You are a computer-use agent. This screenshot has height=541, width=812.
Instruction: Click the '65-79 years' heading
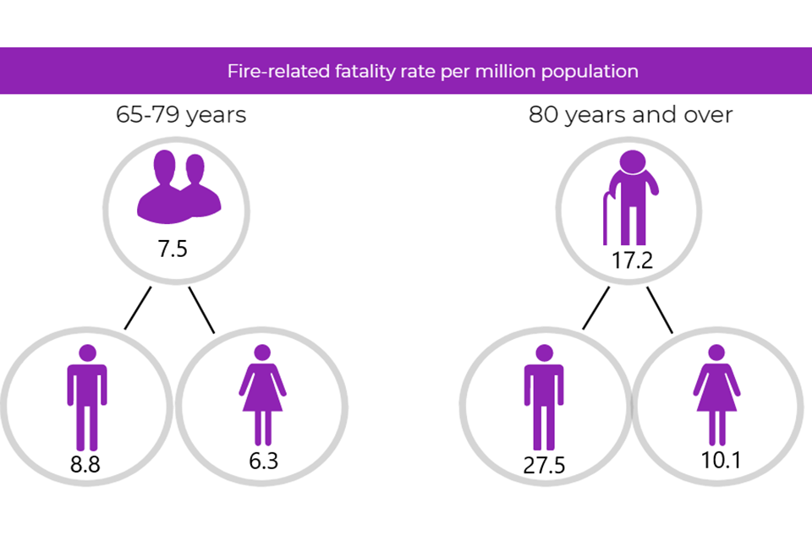181,115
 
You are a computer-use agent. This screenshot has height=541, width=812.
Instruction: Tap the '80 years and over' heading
631,115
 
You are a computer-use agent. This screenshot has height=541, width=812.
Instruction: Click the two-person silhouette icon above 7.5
178,187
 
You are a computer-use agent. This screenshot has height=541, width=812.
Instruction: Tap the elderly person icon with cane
630,197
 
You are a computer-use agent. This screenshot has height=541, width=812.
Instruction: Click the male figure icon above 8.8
87,396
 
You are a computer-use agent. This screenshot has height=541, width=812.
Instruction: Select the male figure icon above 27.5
544,396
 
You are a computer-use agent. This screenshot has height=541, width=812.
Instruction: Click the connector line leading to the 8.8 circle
138,308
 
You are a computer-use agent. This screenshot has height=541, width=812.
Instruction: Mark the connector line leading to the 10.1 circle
660,309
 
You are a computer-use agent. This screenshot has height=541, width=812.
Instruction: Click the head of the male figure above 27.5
544,352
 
